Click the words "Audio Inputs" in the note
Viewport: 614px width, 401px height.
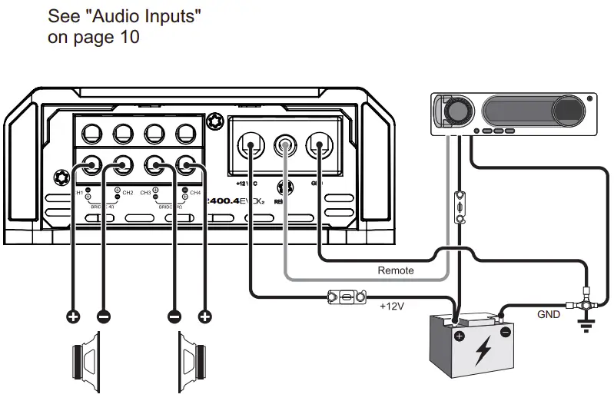(x=154, y=15)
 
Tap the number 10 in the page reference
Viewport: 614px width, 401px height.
(x=128, y=36)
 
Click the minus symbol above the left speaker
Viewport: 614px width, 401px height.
(x=102, y=316)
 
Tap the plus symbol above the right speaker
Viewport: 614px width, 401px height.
(x=205, y=316)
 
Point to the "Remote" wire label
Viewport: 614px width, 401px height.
(x=396, y=270)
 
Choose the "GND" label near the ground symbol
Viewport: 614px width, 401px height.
(x=548, y=315)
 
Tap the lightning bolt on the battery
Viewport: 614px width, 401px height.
(x=483, y=352)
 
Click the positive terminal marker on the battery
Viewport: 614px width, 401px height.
(x=459, y=336)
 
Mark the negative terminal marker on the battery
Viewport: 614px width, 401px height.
(x=506, y=333)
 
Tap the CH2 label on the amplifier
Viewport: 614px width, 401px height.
(x=127, y=193)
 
